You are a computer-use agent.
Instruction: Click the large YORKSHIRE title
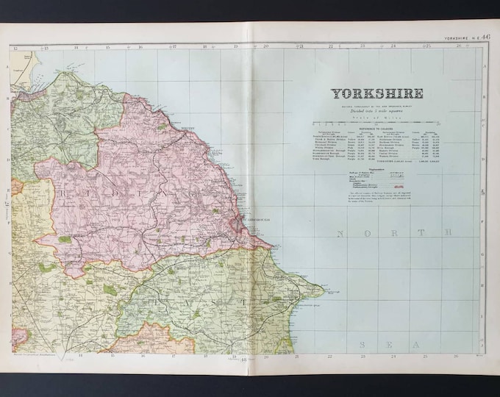point(376,93)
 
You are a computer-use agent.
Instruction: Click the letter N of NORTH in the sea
point(339,233)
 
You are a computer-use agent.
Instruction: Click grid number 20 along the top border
point(266,47)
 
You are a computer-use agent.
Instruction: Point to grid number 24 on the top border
point(393,47)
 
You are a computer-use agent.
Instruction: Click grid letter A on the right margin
point(483,65)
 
